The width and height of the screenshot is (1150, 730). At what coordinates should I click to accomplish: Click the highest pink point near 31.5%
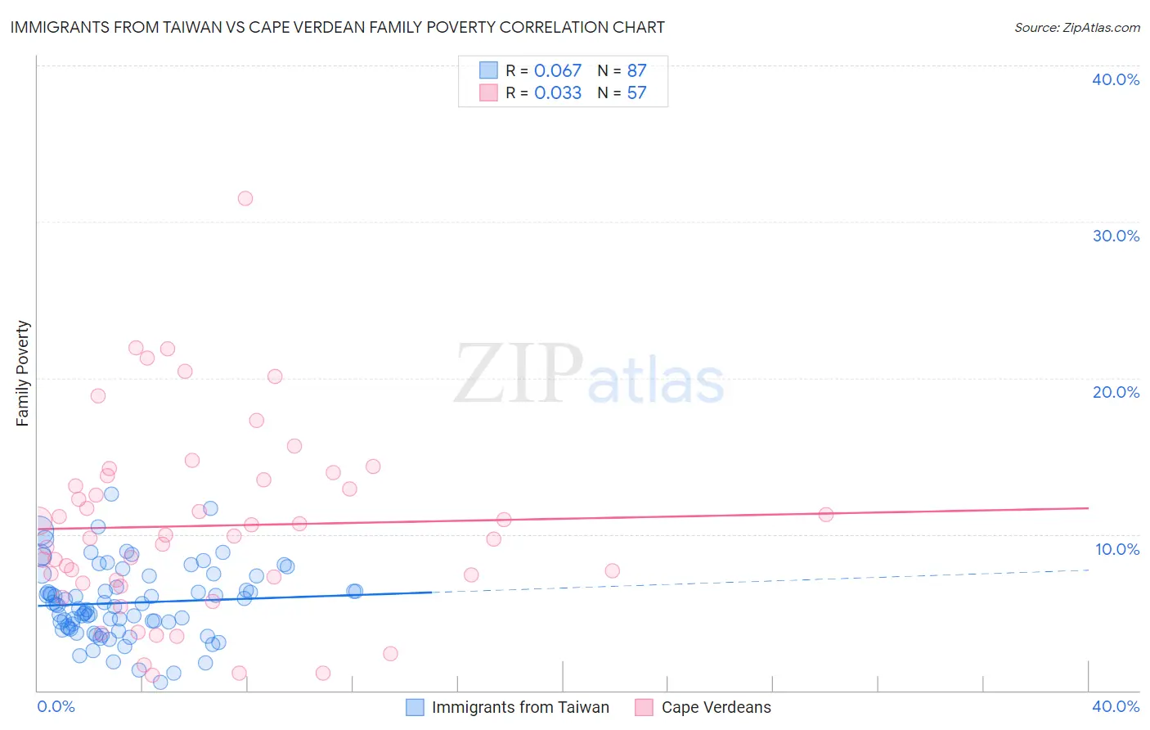click(x=245, y=198)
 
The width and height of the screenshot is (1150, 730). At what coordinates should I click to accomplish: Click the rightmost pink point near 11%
click(x=826, y=515)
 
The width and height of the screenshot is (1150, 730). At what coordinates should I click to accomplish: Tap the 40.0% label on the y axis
click(x=1116, y=79)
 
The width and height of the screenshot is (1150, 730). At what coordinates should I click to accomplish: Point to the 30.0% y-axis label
click(x=1116, y=236)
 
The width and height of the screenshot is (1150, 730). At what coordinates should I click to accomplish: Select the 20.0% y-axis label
click(x=1116, y=392)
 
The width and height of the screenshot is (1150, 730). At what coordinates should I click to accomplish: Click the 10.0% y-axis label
click(x=1117, y=549)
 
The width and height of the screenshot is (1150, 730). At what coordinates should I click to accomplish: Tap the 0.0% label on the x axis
click(x=56, y=706)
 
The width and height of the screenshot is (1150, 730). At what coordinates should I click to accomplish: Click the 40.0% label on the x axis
click(x=1116, y=706)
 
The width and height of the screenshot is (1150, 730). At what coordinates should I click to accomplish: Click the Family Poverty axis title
click(x=23, y=373)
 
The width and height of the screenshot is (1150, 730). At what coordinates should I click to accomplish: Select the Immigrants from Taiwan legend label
click(x=520, y=707)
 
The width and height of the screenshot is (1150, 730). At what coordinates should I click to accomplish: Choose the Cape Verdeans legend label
click(x=716, y=707)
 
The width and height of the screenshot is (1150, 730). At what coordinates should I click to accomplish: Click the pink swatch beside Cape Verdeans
click(x=645, y=707)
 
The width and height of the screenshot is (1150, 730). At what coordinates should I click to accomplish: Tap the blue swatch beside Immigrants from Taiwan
click(x=416, y=707)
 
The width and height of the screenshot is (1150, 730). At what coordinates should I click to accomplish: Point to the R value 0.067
click(x=558, y=70)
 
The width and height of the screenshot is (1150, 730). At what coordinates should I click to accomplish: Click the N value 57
click(x=636, y=92)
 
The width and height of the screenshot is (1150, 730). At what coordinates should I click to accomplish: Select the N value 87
click(x=636, y=70)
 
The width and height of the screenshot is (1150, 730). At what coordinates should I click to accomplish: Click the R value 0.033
click(x=558, y=92)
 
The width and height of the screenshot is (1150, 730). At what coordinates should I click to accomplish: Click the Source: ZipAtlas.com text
click(x=1076, y=27)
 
